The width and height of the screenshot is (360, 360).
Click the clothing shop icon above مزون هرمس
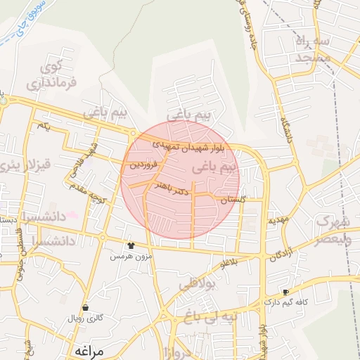[x=131, y=245]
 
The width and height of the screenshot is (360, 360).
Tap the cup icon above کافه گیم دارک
[x=285, y=292]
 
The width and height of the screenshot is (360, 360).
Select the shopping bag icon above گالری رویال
[x=85, y=307]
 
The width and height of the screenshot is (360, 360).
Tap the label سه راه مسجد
[x=313, y=49]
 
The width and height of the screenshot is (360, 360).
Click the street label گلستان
[x=233, y=200]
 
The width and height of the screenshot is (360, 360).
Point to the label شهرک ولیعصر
[x=329, y=229]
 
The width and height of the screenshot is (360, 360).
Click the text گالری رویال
[x=85, y=319]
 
